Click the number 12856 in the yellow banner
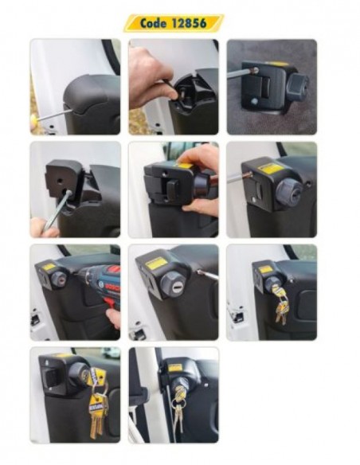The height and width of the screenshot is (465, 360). [190, 23]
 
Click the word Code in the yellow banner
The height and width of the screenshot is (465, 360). [153, 23]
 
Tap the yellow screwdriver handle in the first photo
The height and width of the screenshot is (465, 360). [33, 121]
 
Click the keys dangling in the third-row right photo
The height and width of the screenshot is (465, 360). [280, 307]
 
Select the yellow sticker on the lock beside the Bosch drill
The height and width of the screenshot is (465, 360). [49, 267]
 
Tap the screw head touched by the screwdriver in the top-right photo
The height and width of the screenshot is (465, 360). [255, 71]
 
